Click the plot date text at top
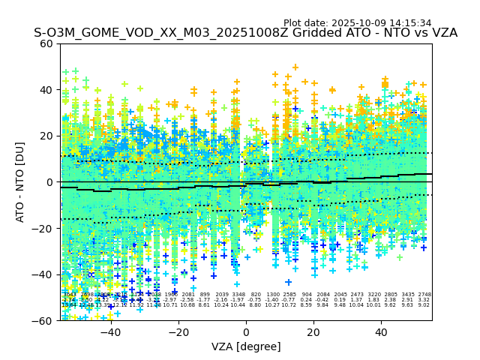[x=357, y=23]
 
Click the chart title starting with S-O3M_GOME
[x=245, y=34]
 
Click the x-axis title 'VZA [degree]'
[x=246, y=346]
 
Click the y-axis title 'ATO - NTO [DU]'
[x=21, y=181]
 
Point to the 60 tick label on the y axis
[x=46, y=43]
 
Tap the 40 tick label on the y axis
[x=46, y=90]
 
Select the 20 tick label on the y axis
[x=46, y=136]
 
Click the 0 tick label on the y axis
[x=49, y=182]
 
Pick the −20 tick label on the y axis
[x=43, y=229]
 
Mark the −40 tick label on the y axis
[x=43, y=274]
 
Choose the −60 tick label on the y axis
[x=43, y=321]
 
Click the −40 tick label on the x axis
[x=110, y=332]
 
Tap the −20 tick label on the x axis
[x=178, y=332]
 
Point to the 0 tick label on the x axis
[x=246, y=332]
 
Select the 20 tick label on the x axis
[x=313, y=332]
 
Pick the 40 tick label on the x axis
[x=381, y=332]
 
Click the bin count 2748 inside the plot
[x=424, y=295]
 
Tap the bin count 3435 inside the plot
[x=408, y=295]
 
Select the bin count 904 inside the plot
[x=307, y=295]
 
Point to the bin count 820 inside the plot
[x=256, y=295]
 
